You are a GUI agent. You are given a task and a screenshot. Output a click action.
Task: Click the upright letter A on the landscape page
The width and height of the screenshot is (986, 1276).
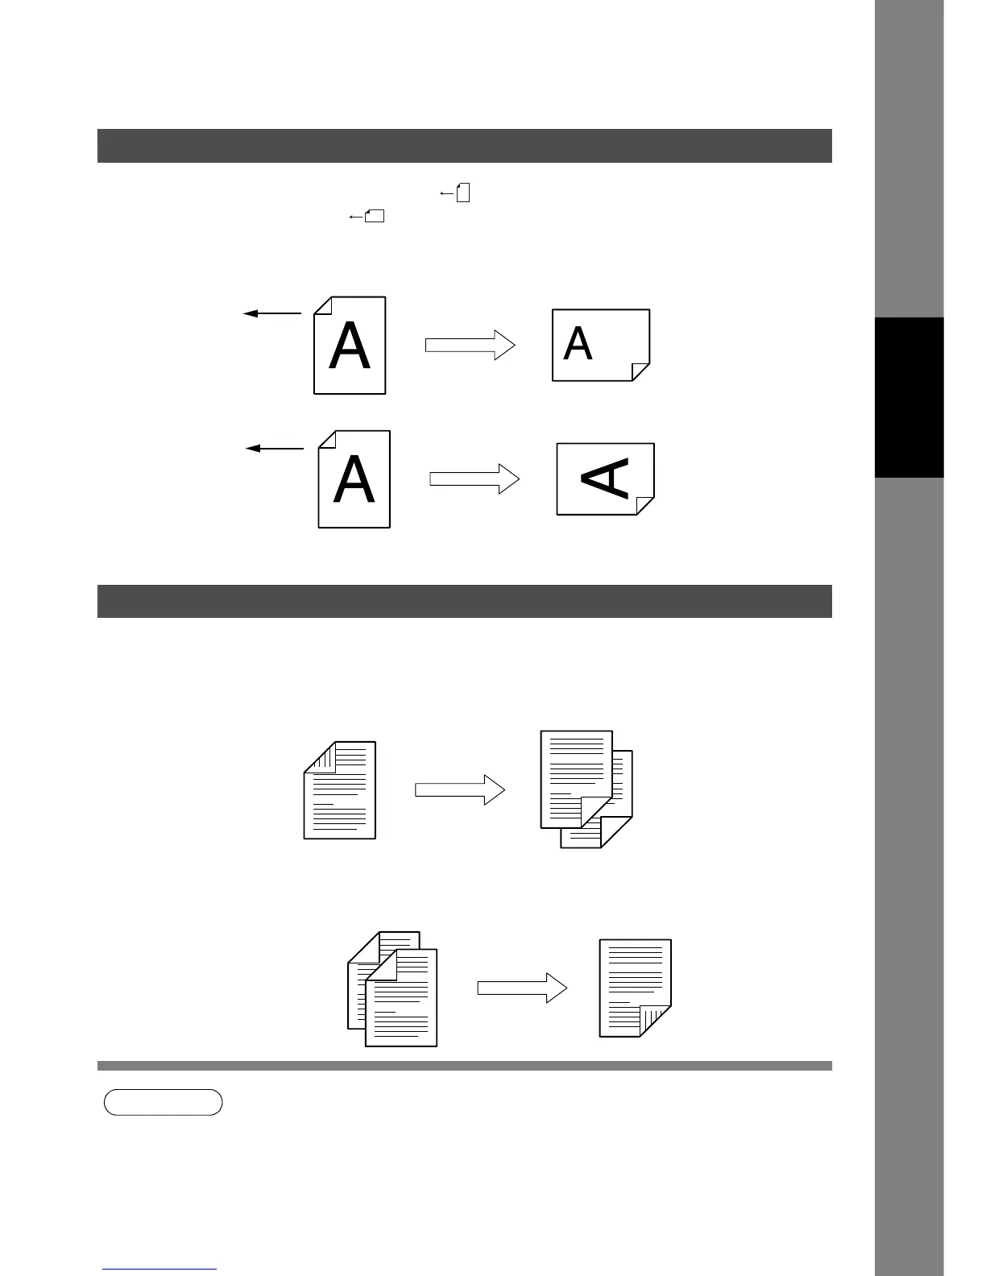coord(578,344)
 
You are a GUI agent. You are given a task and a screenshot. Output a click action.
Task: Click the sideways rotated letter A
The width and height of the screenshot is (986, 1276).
coord(607,478)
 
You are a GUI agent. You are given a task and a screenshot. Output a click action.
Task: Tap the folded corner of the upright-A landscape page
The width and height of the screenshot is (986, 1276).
coord(640,371)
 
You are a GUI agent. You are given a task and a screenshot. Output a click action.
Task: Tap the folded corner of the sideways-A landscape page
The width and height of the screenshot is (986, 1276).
coord(645,505)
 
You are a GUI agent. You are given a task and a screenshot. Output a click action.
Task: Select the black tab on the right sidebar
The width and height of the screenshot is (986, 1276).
coord(909,397)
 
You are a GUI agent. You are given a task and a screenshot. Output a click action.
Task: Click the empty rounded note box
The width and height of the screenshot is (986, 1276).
coord(163,1102)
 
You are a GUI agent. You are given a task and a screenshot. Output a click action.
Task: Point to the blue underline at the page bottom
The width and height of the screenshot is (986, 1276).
coord(159,1270)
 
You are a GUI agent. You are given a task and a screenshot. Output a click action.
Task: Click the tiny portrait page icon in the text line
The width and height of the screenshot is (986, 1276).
coord(463,193)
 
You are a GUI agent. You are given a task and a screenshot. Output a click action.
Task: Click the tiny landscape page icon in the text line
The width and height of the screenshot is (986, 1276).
coord(375,216)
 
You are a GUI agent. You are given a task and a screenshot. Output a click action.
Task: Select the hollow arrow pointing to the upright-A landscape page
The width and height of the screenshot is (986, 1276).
coord(470,345)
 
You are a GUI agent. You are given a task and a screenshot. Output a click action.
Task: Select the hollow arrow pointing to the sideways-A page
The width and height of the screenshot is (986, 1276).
coord(474,478)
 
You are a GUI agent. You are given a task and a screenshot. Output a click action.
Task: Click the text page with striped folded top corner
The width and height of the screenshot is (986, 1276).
coord(340,790)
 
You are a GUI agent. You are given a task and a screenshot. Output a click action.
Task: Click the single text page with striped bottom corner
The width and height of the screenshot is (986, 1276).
coord(635,988)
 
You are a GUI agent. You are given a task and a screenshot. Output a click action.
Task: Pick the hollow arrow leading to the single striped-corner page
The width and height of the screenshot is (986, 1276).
coord(522,988)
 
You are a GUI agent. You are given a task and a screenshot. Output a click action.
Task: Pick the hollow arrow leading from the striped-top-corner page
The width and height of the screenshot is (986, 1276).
coord(459,790)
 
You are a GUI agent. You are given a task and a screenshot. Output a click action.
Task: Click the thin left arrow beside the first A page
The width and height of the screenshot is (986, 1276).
coord(272,313)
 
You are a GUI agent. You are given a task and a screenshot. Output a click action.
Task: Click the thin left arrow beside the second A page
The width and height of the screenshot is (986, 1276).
coord(274,448)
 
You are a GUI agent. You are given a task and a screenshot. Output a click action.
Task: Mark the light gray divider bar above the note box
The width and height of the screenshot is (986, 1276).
coord(464,1066)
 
